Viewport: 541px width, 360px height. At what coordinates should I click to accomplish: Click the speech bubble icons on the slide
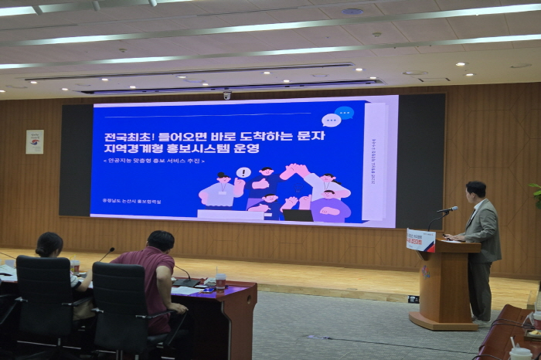click(x=338, y=117)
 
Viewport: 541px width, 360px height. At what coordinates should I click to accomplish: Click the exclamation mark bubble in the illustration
click(x=243, y=172)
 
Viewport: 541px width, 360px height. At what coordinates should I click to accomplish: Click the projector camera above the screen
click(x=226, y=96)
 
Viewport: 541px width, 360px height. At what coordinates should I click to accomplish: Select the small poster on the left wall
click(x=35, y=141)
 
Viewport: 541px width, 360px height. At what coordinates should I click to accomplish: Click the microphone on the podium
click(x=447, y=209)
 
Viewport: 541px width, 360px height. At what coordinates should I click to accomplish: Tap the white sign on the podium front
click(x=420, y=240)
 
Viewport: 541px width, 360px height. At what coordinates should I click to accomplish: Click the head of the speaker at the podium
click(x=475, y=189)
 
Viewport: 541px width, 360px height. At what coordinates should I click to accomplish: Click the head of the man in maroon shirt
click(x=160, y=240)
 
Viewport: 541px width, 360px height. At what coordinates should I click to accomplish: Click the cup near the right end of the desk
click(x=221, y=280)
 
